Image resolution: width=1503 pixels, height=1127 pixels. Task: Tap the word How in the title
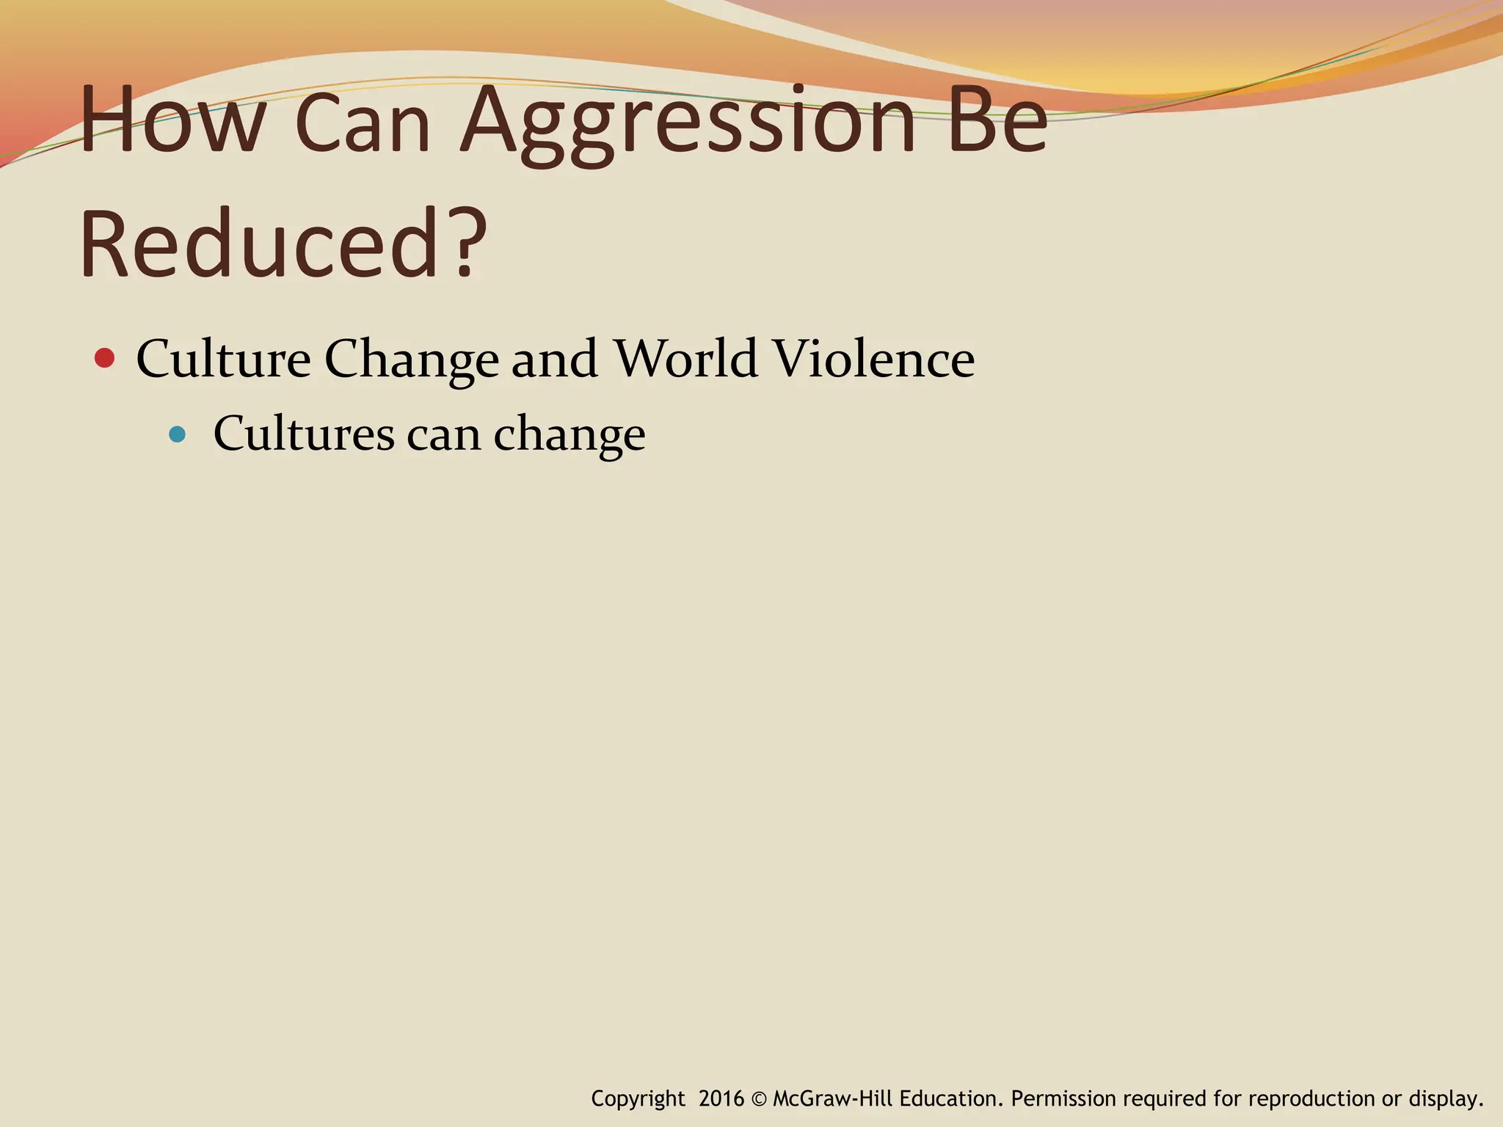pyautogui.click(x=172, y=121)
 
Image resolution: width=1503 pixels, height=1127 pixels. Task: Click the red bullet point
pyautogui.click(x=105, y=359)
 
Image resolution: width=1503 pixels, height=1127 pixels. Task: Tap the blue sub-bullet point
pyautogui.click(x=177, y=434)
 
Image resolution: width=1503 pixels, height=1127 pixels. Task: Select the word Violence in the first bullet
pyautogui.click(x=873, y=359)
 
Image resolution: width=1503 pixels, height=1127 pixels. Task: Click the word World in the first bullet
pyautogui.click(x=685, y=359)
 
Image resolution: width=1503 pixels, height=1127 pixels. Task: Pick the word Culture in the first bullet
pyautogui.click(x=223, y=359)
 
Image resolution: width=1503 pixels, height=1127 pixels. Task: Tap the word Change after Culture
pyautogui.click(x=411, y=360)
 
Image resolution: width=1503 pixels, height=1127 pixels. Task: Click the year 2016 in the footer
pyautogui.click(x=721, y=1098)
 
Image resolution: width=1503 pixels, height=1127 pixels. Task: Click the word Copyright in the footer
pyautogui.click(x=637, y=1099)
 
